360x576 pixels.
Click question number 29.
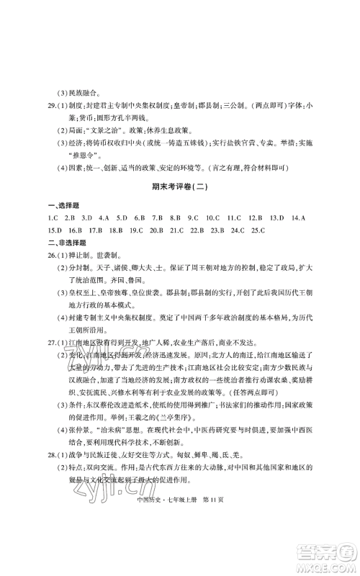click(x=52, y=109)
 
